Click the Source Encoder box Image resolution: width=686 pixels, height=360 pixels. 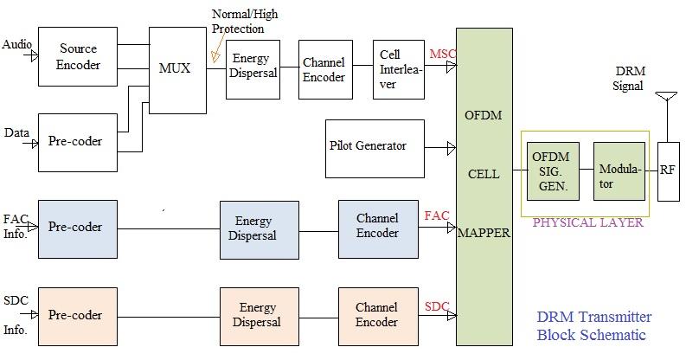[x=78, y=56]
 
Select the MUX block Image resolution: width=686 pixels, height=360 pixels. [x=177, y=70]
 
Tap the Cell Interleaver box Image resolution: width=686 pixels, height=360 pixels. [x=398, y=68]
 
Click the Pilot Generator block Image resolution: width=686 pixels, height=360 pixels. [x=375, y=146]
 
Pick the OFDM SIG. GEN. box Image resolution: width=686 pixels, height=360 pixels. [x=551, y=170]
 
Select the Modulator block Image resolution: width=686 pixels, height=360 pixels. [x=619, y=170]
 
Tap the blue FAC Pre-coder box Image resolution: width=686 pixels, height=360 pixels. [x=77, y=228]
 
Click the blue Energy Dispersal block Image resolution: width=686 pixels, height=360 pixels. [x=257, y=229]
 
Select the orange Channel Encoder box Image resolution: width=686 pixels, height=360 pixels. [x=377, y=315]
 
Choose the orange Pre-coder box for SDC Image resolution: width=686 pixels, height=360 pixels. [x=77, y=315]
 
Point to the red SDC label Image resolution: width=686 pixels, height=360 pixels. [x=436, y=306]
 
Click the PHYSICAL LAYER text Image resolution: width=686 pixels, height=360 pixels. [x=587, y=223]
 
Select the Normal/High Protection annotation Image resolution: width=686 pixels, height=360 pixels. [x=245, y=22]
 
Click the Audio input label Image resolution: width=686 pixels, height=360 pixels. [x=17, y=42]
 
